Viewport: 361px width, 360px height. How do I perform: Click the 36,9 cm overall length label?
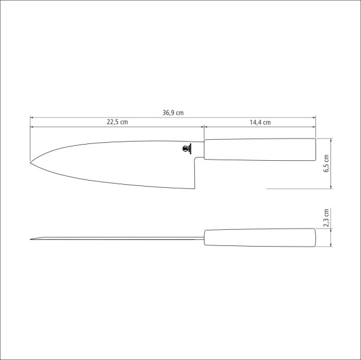coord(172,112)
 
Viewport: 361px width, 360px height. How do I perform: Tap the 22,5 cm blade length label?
coord(118,122)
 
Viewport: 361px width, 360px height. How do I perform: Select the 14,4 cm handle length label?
coord(260,122)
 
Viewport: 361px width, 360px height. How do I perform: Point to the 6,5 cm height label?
coord(326,163)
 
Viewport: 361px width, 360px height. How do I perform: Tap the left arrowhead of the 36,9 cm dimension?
coord(32,116)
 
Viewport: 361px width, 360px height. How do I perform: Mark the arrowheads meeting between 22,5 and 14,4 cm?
coord(204,127)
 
